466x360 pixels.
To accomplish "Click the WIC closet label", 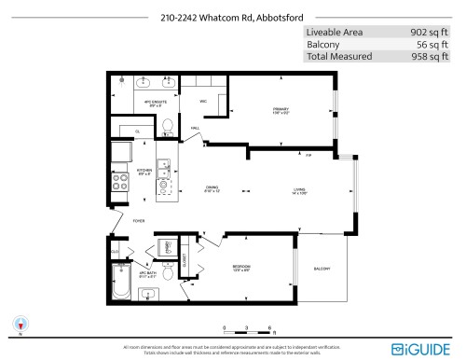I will pyautogui.click(x=202, y=101).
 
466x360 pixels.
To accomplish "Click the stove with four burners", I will pyautogui.click(x=120, y=182).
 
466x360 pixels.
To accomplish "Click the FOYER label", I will pyautogui.click(x=139, y=221).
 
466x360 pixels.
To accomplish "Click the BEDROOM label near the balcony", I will pyautogui.click(x=240, y=268).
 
